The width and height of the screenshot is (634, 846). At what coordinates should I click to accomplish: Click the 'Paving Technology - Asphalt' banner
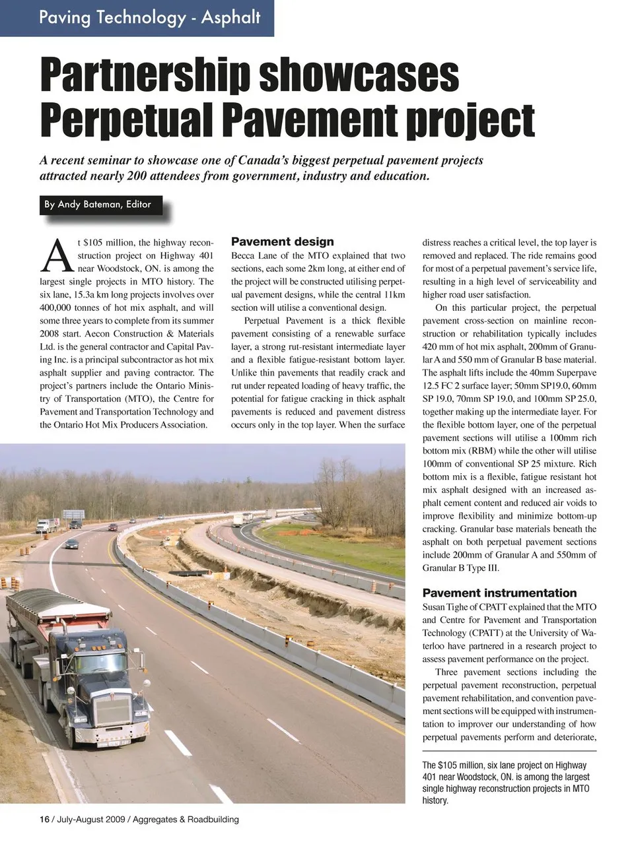(149, 17)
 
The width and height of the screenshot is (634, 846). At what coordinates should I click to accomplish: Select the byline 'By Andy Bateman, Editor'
(98, 205)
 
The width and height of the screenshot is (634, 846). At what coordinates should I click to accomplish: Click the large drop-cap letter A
(56, 255)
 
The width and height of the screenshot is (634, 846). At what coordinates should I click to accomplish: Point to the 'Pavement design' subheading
(282, 242)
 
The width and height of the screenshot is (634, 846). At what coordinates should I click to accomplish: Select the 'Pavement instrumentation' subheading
(499, 593)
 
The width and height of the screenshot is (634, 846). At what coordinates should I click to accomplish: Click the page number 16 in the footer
(44, 820)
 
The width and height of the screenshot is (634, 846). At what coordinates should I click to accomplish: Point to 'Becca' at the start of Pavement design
(245, 255)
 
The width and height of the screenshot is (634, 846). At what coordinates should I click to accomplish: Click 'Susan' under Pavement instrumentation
(435, 606)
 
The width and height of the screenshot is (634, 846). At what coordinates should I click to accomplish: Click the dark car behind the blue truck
(71, 544)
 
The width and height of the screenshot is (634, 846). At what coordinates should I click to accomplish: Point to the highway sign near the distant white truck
(73, 514)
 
